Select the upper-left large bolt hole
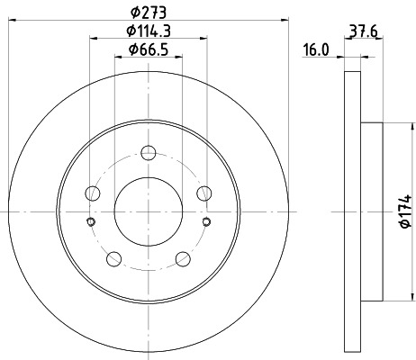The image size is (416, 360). tap(91, 192)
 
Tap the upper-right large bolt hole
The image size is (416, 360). tap(204, 192)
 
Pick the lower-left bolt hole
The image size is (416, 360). tap(113, 259)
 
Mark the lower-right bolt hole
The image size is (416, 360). tap(183, 259)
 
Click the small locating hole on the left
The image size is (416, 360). tap(89, 222)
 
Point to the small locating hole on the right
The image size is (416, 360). tap(206, 222)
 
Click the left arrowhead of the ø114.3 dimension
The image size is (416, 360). tap(92, 37)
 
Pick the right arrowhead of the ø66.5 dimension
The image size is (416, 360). tap(179, 56)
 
